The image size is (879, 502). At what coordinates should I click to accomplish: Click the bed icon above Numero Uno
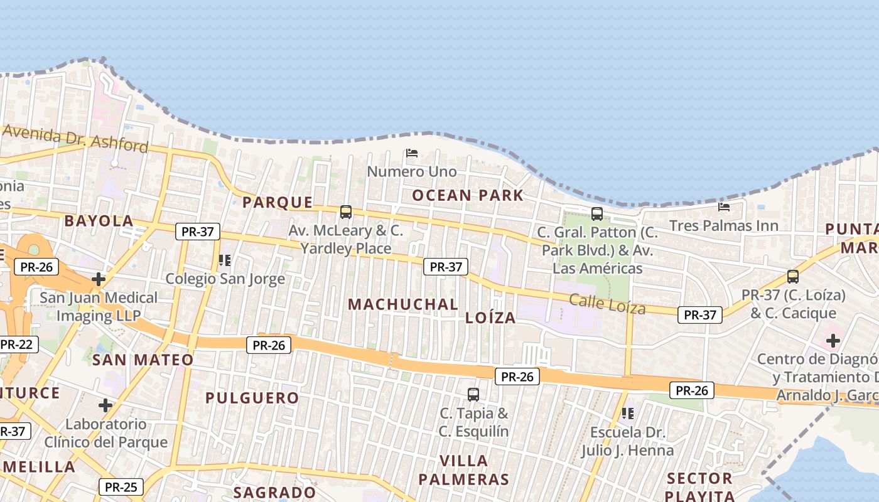click(412, 152)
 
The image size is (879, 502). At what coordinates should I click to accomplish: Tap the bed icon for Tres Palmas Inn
click(724, 206)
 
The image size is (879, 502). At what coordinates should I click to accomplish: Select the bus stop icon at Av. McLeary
click(346, 211)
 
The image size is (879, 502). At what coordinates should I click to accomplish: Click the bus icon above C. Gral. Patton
click(597, 213)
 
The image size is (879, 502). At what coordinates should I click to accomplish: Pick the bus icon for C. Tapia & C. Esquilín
click(473, 394)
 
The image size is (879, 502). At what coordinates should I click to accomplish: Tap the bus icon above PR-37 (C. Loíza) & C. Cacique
click(793, 276)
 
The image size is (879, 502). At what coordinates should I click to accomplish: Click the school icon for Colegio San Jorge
click(225, 260)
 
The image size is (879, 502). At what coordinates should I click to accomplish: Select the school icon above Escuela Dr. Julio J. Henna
click(627, 413)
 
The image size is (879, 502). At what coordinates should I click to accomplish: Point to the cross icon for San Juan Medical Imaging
click(99, 279)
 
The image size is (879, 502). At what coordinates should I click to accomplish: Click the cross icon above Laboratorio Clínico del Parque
click(105, 405)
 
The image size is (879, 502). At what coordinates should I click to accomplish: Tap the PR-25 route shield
click(121, 487)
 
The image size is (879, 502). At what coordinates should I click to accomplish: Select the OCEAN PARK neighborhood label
click(468, 195)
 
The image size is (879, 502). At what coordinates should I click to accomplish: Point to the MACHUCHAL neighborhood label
click(403, 304)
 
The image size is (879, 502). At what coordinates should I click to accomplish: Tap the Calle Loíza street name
click(607, 304)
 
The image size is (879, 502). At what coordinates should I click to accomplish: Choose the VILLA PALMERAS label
click(463, 471)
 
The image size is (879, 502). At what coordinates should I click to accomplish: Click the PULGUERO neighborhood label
click(252, 398)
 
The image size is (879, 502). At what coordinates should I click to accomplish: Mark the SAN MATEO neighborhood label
click(143, 360)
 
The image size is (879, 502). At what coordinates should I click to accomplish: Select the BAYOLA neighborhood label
click(99, 221)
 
